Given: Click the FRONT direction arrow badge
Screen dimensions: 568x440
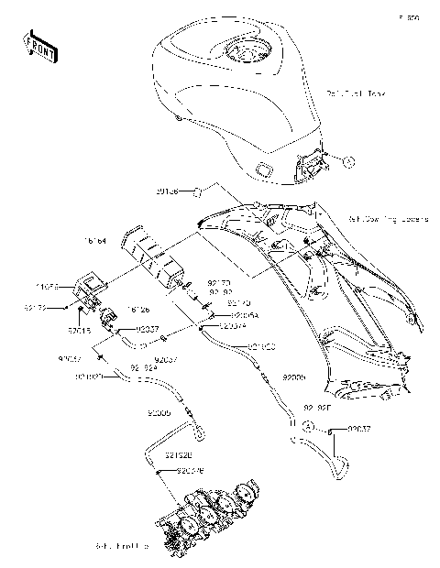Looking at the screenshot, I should pos(40,47).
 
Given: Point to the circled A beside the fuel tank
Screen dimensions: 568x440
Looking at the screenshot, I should pos(348,161).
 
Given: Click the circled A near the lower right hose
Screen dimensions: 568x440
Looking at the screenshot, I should pos(310,428).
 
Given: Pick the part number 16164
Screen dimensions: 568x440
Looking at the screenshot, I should pos(95,241).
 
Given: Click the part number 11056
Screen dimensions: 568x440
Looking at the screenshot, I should pos(49,287).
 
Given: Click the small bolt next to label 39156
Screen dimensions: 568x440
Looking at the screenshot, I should pos(196,191).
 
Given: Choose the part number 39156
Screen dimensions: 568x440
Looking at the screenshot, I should pos(167,192).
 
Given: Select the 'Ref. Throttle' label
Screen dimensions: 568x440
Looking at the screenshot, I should pos(121,547).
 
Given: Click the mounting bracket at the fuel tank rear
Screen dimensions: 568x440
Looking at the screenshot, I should pos(312,165).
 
